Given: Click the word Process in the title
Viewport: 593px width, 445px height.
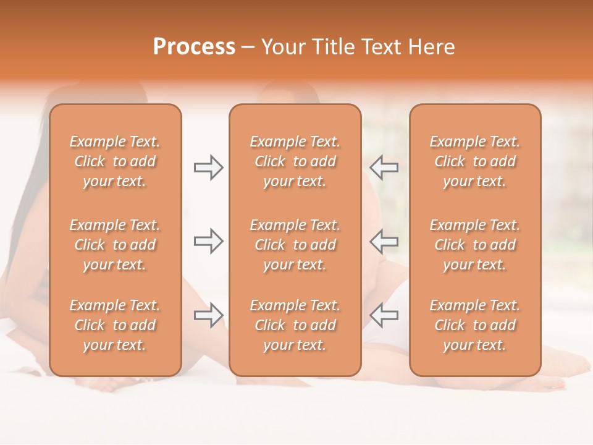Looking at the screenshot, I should (194, 47).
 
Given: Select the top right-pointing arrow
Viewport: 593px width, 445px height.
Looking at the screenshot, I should (208, 167).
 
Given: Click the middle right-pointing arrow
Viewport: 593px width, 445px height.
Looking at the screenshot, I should (208, 241).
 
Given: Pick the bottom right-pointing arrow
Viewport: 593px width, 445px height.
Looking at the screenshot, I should (208, 315).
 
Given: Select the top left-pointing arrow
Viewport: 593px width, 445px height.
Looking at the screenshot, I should (384, 167).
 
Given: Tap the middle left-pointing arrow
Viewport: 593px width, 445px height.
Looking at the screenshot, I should (384, 241).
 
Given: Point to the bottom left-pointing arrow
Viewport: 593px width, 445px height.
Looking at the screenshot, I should (384, 315).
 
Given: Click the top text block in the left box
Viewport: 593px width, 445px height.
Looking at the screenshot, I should (115, 161).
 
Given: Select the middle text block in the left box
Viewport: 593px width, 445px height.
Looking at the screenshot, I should (115, 245).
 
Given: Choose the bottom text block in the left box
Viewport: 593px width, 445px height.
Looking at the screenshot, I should (115, 325).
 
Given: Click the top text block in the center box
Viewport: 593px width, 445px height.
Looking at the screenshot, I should (295, 161).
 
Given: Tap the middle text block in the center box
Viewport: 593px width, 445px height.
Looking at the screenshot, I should (295, 245).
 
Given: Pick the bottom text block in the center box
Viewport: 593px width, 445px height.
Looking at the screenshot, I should (295, 325).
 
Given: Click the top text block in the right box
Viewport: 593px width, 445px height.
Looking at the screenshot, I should (474, 161).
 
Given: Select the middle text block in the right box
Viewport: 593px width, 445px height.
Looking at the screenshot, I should (474, 245).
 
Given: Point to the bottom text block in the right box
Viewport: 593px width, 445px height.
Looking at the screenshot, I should (474, 325).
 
